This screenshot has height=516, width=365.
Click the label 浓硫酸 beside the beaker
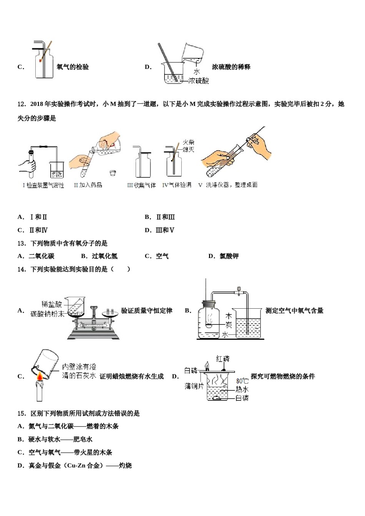tap(199, 81)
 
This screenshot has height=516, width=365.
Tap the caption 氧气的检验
tap(73, 67)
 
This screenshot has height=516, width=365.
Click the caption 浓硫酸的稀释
tap(231, 67)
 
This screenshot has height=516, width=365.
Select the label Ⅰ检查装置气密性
tap(43, 185)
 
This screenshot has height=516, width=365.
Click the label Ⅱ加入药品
tap(88, 185)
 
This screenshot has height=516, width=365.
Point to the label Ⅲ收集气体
tap(141, 185)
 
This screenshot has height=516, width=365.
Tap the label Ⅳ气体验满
tap(177, 185)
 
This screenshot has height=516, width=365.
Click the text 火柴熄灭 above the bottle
tap(188, 146)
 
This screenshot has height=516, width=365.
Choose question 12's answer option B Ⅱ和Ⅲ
tap(165, 217)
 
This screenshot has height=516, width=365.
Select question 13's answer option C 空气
tap(162, 256)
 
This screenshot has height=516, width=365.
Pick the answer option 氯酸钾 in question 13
tap(229, 256)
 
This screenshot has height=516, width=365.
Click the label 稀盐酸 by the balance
tap(51, 304)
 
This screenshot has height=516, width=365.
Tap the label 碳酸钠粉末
tap(47, 314)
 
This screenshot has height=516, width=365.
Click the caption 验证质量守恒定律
tap(146, 311)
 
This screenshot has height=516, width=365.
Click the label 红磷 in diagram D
tap(223, 359)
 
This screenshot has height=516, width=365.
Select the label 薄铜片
tap(194, 386)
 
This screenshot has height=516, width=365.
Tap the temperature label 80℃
tap(242, 381)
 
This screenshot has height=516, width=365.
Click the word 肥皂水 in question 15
tap(83, 439)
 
